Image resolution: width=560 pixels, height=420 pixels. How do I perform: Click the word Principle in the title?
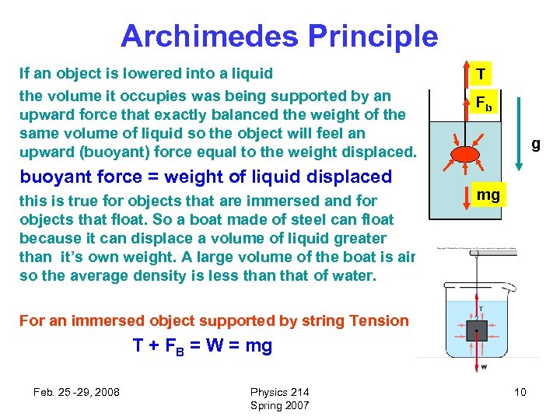click(x=373, y=37)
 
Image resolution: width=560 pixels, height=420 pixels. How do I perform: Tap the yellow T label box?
click(x=481, y=75)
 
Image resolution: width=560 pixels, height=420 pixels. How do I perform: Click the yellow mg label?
click(x=488, y=194)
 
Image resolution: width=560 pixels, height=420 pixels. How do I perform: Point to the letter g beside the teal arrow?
click(x=535, y=144)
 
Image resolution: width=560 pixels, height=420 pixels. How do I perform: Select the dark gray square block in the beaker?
click(x=476, y=331)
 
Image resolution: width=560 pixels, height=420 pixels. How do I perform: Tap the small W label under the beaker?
click(x=484, y=366)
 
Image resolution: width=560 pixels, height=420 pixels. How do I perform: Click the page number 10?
click(x=520, y=392)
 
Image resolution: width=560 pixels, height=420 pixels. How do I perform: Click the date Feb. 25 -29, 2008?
click(x=76, y=392)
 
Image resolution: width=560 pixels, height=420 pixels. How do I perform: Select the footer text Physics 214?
click(x=279, y=392)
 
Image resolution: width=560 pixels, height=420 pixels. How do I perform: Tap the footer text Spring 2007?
click(x=279, y=405)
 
